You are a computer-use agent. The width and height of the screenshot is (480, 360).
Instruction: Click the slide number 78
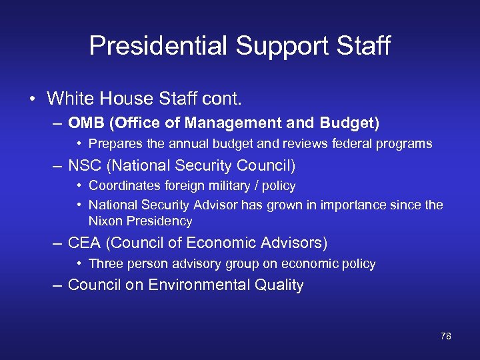tap(446, 336)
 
